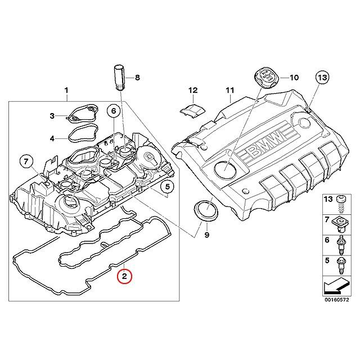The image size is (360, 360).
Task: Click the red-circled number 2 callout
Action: pos(124,276)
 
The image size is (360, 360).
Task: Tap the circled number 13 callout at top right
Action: pos(322,77)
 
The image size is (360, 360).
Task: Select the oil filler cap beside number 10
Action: pos(266,78)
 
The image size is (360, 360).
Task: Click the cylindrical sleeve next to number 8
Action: pos(119,78)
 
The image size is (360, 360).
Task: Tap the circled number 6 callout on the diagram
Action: pos(114,111)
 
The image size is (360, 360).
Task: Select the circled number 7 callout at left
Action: pos(26,162)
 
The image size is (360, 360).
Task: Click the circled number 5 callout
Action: pos(168,186)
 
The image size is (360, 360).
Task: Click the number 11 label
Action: pos(230,90)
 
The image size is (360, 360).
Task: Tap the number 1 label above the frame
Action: pos(66,90)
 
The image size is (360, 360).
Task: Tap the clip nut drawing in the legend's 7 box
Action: pos(340,223)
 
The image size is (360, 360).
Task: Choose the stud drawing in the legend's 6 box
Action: pos(340,245)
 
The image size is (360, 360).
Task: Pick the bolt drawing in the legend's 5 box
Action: pos(340,265)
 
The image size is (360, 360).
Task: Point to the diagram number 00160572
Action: pos(336,300)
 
